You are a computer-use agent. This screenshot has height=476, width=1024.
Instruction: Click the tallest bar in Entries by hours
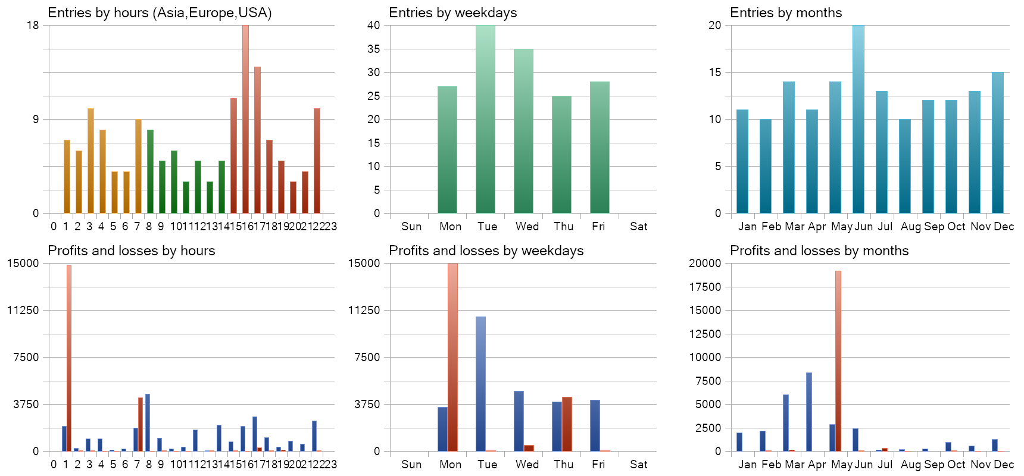(245, 119)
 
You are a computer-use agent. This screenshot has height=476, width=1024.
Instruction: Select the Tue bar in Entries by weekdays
(485, 119)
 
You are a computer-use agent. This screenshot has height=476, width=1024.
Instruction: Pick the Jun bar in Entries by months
(858, 119)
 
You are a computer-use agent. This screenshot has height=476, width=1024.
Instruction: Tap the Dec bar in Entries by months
(998, 143)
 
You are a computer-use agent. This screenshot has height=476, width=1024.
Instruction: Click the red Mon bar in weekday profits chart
(452, 357)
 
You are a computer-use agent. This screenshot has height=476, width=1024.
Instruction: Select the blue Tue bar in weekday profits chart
(480, 384)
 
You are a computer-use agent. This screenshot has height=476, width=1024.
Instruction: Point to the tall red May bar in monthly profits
(838, 361)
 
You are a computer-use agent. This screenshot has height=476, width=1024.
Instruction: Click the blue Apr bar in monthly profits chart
(809, 412)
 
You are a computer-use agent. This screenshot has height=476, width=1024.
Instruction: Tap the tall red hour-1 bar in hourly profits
(69, 358)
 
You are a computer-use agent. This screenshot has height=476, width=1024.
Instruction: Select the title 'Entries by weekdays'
(453, 12)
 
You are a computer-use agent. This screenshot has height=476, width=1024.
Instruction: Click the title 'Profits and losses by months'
(819, 250)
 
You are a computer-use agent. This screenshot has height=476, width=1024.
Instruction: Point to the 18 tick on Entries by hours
(32, 25)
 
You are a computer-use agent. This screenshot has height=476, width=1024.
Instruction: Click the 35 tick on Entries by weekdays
(374, 49)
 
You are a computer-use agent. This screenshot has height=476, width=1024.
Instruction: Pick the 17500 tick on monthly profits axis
(705, 287)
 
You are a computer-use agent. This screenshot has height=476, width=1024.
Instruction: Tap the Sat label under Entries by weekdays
(638, 226)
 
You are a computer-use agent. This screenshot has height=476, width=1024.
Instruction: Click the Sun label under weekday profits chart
(411, 464)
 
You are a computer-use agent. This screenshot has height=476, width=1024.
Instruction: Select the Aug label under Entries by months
(910, 226)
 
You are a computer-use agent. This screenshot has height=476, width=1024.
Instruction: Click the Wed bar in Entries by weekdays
(523, 131)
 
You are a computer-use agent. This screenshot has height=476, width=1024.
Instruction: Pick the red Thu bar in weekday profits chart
(567, 424)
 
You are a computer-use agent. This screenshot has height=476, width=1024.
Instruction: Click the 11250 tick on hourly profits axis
(23, 310)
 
